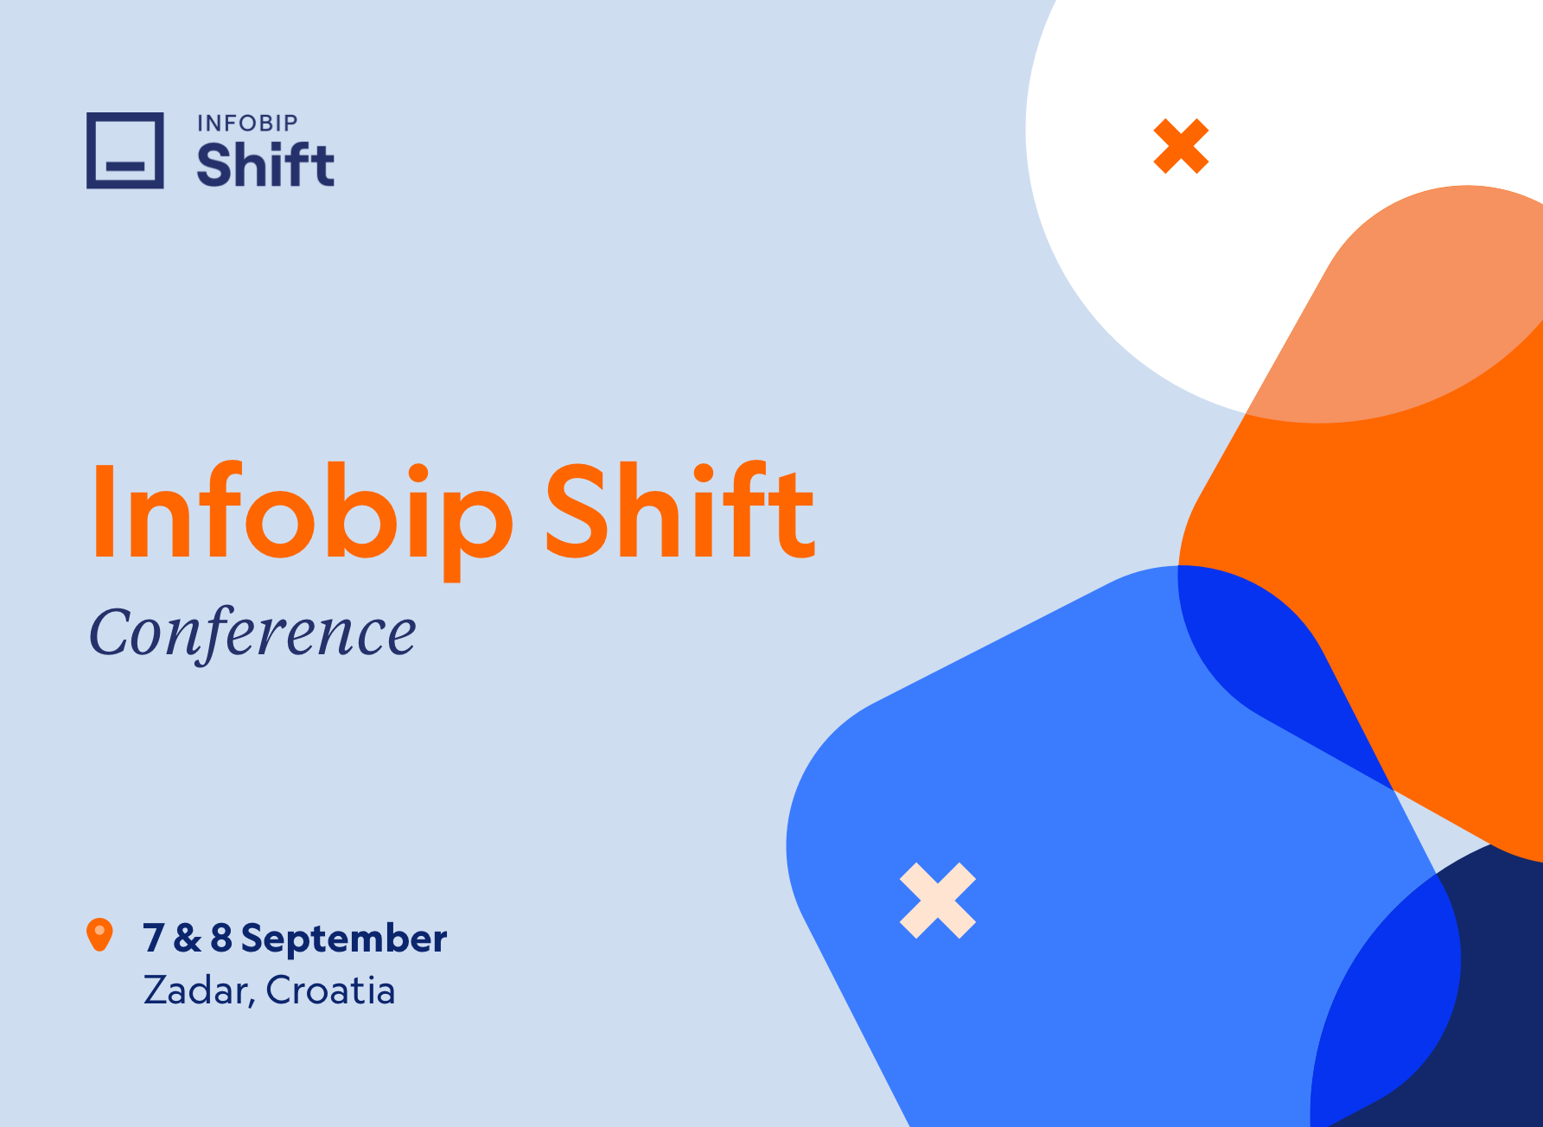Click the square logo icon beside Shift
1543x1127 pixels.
click(125, 150)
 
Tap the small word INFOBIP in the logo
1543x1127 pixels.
click(247, 124)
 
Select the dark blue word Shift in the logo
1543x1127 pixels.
click(265, 165)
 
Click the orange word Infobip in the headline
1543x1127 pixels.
click(303, 512)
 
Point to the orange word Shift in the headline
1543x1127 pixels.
click(679, 512)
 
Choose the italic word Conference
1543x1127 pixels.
click(252, 633)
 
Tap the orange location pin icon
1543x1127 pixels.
click(100, 934)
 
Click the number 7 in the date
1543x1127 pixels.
click(154, 939)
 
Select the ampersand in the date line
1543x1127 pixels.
click(187, 939)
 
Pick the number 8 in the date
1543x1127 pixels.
click(221, 939)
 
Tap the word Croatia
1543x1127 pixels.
click(330, 990)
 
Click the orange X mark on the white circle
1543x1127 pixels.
click(1181, 146)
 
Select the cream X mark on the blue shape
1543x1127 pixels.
click(938, 901)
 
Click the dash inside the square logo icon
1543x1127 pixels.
click(125, 166)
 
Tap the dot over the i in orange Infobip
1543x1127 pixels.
click(419, 476)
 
